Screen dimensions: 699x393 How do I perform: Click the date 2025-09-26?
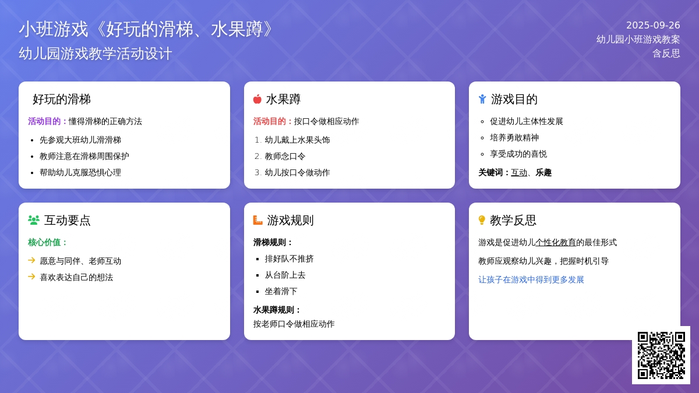pos(653,25)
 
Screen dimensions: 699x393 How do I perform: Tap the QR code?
pos(661,355)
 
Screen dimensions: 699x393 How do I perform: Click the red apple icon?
pos(257,99)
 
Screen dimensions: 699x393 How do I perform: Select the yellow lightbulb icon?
pos(482,220)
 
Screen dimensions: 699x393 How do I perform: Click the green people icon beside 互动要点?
pos(34,220)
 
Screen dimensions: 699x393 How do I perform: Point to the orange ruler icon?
pos(257,220)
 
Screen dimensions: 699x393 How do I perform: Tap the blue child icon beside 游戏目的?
pos(482,99)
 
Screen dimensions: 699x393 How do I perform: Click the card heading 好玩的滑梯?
pos(62,99)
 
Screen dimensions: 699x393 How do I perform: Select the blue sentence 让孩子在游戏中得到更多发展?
pos(531,280)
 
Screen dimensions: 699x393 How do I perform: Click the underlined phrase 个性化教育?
pos(556,242)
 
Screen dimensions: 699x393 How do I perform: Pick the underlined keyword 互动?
pos(519,172)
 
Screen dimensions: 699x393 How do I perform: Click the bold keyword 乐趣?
pos(543,172)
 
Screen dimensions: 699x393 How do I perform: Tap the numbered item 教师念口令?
pos(285,156)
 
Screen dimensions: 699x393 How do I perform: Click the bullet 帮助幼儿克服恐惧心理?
pos(80,172)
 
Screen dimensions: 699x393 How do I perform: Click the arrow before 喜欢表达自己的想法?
pos(31,277)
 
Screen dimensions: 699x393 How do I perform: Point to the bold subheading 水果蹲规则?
pos(277,310)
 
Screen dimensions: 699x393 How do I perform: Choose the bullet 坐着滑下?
pos(281,291)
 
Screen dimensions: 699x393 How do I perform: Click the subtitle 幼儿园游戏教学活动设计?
pos(95,54)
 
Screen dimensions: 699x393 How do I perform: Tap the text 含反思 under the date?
pos(666,54)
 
